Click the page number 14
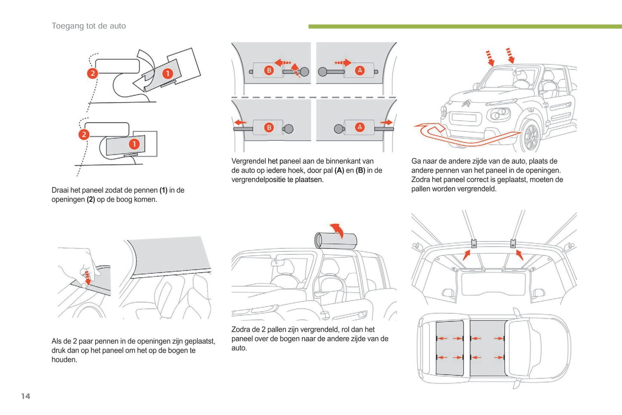25,396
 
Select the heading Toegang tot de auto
89,26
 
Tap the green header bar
465,27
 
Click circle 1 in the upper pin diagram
167,74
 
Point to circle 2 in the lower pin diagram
84,134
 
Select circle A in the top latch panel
360,71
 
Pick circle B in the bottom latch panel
269,127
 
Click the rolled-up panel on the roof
336,240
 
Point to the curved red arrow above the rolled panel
337,229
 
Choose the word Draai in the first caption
61,190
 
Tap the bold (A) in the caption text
339,170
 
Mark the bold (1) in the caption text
163,190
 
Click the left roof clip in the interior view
474,244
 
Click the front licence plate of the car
464,118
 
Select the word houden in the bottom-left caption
64,360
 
